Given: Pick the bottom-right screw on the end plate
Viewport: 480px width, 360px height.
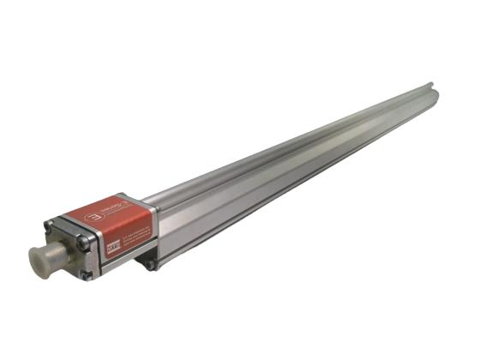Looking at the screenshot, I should click(x=86, y=273).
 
